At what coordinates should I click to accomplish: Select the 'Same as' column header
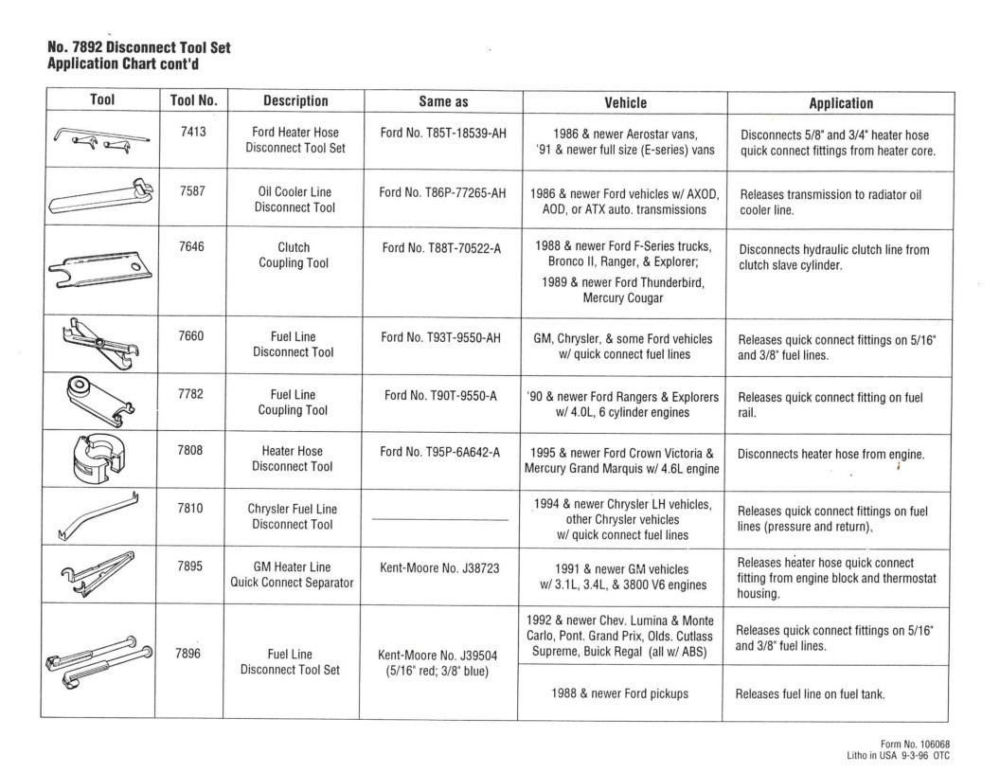click(x=444, y=101)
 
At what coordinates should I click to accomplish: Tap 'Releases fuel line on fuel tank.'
click(x=810, y=693)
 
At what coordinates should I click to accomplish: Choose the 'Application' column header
click(x=841, y=102)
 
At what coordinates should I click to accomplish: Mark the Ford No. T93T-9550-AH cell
click(x=440, y=338)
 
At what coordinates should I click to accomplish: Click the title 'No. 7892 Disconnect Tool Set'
click(x=138, y=47)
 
